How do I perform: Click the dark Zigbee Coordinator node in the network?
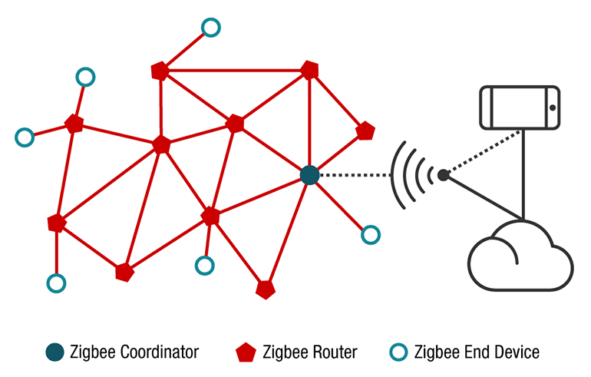310,175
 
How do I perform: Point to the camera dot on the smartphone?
553,107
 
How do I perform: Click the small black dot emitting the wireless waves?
444,175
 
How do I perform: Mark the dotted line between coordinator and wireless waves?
355,175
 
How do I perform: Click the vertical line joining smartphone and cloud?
523,174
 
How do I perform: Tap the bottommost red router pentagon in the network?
266,289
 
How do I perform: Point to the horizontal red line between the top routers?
234,71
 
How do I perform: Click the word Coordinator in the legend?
160,352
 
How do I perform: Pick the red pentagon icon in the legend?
246,352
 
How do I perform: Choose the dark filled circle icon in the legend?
55,352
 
